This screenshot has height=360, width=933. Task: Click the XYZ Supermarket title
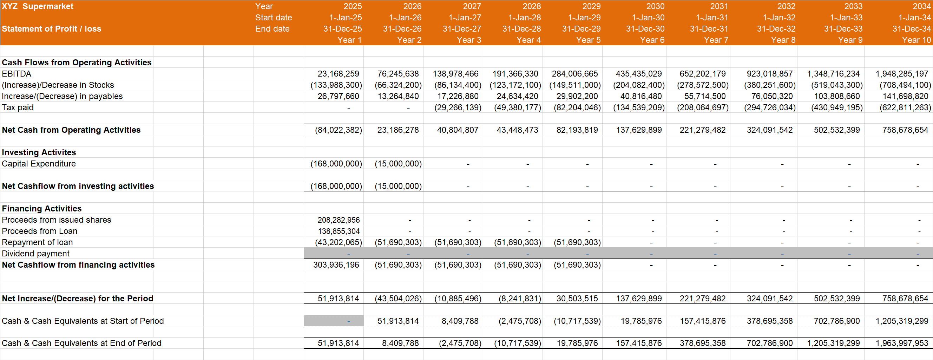coord(38,6)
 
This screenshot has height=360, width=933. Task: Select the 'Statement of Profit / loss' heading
coord(51,28)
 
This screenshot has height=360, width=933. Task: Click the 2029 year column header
coord(591,6)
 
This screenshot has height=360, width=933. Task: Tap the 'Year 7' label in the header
coord(716,40)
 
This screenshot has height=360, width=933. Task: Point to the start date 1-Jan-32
coord(779,17)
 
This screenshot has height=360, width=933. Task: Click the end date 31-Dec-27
coord(462,28)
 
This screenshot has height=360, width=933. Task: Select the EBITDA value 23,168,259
coord(338,73)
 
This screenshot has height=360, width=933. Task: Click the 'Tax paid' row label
coord(18,107)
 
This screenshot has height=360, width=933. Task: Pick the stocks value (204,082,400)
coord(638,85)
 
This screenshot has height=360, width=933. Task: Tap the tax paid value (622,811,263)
coord(905,107)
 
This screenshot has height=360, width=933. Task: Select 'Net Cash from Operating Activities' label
coord(71,130)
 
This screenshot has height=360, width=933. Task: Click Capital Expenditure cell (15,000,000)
coord(398,163)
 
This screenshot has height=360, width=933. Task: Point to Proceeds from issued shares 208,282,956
coord(338,220)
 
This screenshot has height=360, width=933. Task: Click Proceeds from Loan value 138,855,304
coord(338,231)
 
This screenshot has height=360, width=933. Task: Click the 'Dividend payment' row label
coord(35,254)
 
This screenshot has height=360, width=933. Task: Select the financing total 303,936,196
coord(336,265)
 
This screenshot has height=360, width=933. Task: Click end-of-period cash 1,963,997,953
coord(901,343)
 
